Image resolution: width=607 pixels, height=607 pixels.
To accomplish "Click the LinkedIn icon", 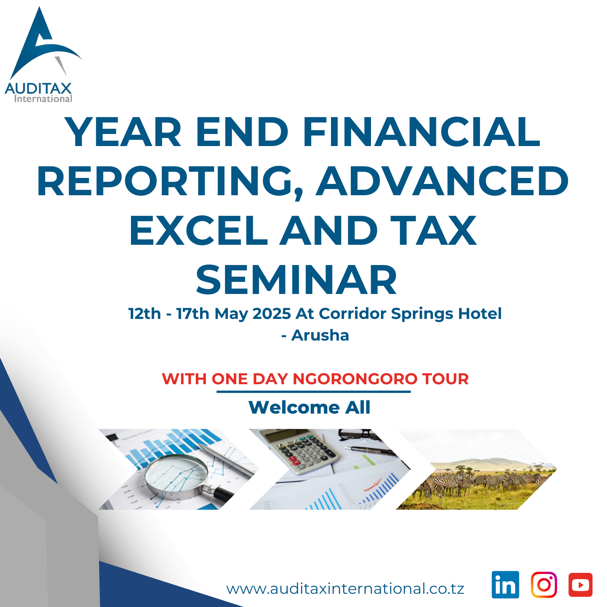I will (505, 585).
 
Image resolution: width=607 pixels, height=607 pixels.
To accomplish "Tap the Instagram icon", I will (544, 585).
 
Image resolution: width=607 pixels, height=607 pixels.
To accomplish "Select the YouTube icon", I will (580, 585).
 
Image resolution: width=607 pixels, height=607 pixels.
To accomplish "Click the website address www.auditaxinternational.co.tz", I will (345, 589).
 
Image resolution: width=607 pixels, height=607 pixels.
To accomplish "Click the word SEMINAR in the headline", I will (297, 280).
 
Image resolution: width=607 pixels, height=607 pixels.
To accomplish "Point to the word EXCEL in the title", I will (199, 231).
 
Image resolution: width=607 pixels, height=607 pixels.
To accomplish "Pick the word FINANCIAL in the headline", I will (421, 132).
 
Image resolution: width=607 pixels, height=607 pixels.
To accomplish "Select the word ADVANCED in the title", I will (442, 181).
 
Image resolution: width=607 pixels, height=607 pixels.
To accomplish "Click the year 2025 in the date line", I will (272, 314).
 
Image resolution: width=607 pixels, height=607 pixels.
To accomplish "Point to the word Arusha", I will (320, 335).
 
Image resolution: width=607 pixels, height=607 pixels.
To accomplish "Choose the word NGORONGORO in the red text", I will (355, 379).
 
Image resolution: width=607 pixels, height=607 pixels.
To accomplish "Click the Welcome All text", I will (309, 407).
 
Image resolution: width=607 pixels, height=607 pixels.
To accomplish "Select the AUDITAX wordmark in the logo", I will (38, 88).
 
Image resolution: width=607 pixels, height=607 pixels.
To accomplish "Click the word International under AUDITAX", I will (43, 99).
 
